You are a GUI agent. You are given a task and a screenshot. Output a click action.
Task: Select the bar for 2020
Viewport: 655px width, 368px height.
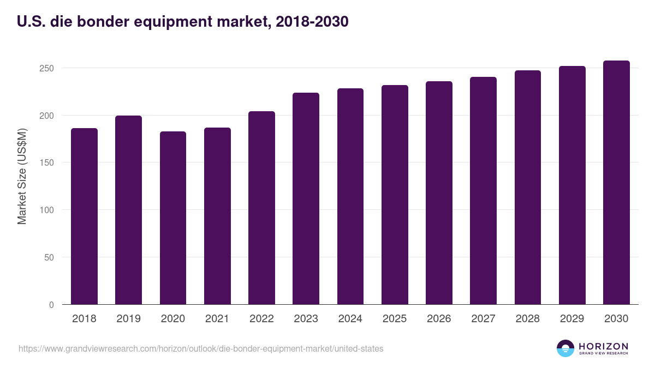click(x=173, y=218)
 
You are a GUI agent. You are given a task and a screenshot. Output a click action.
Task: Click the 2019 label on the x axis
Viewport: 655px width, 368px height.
click(x=128, y=319)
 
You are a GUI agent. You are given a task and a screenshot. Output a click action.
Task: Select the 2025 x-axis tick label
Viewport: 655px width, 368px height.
click(x=395, y=319)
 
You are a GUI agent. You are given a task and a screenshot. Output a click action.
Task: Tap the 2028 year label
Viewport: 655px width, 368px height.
click(x=528, y=319)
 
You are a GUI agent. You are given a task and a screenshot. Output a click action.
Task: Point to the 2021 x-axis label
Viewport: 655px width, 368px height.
click(x=217, y=319)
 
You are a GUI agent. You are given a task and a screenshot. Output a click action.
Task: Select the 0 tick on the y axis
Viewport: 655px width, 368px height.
click(x=51, y=305)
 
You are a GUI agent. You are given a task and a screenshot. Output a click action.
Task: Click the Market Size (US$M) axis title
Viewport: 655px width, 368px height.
click(x=22, y=176)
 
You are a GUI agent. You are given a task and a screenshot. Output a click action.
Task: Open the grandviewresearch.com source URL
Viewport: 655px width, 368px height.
click(x=201, y=348)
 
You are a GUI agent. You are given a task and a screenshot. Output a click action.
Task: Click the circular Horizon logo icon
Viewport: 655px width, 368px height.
click(x=565, y=348)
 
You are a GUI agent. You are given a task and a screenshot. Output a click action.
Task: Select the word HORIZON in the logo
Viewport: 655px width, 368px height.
click(x=603, y=346)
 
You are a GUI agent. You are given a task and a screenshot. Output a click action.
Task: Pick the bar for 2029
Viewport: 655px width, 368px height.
click(x=572, y=185)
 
